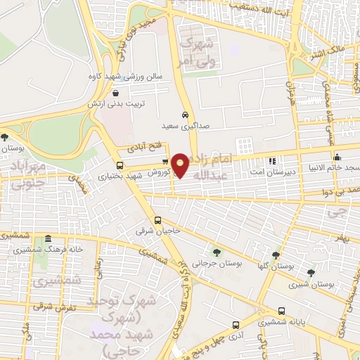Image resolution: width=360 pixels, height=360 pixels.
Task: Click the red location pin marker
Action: tap(181, 165)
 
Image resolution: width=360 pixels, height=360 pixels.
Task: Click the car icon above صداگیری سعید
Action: tap(184, 115)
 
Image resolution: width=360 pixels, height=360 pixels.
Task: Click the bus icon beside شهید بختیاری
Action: tap(120, 166)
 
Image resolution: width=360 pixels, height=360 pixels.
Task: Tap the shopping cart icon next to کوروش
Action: tap(165, 161)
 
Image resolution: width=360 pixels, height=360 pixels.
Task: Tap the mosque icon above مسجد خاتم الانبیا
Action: tap(337, 157)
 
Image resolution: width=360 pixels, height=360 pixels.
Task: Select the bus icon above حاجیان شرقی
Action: tap(157, 219)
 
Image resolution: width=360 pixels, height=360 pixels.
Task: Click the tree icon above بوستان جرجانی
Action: tap(216, 251)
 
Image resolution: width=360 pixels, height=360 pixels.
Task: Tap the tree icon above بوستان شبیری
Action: tap(311, 271)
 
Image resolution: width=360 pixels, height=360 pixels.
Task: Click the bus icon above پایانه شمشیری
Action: tap(281, 310)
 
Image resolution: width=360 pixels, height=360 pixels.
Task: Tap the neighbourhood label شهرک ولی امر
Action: tap(196, 53)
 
